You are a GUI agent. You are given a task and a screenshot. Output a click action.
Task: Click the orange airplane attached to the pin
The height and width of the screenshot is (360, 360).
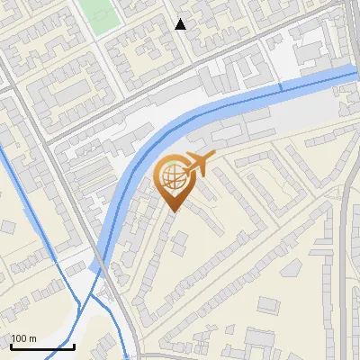tap(195, 164)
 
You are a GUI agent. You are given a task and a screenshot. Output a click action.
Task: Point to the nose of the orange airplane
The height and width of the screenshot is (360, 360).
tap(210, 158)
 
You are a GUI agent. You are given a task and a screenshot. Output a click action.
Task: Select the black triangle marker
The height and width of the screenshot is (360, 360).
tap(180, 24)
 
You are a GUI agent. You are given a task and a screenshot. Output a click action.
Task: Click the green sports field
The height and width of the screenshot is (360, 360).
tap(101, 13)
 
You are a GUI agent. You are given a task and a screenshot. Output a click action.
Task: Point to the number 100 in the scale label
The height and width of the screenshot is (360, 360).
tap(20, 338)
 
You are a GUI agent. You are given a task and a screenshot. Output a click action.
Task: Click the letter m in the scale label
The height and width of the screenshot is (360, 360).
tap(32, 338)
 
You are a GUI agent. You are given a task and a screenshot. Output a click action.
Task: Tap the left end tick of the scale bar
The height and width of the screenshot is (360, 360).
tap(11, 346)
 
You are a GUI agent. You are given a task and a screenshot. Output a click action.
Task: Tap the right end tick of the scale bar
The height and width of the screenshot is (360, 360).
tap(74, 346)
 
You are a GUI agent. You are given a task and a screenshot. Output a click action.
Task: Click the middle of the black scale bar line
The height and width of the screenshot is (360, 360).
tap(42, 347)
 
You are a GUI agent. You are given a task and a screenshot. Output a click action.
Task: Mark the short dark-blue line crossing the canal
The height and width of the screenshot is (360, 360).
tap(279, 87)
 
